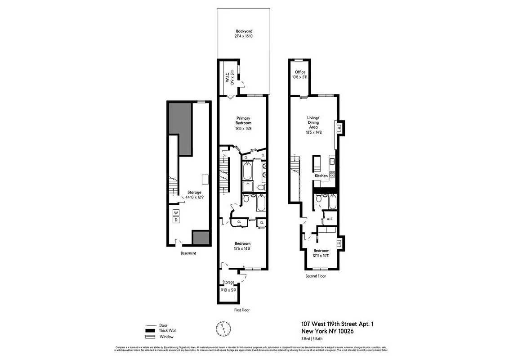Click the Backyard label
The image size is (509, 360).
tap(243, 31)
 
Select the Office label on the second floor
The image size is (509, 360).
tap(300, 72)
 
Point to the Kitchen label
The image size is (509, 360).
tap(321, 175)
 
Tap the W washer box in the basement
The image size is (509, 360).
tap(176, 212)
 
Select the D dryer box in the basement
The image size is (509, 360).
tap(176, 220)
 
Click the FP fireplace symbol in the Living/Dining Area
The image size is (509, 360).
tap(339, 128)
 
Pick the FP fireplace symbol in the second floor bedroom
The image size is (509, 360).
tap(339, 243)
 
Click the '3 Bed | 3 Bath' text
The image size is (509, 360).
tap(315, 338)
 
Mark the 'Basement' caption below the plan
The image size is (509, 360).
tap(188, 253)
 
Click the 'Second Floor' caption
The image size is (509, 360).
tap(315, 276)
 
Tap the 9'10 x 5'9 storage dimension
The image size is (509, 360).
tap(228, 290)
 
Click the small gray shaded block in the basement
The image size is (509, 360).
tap(201, 238)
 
